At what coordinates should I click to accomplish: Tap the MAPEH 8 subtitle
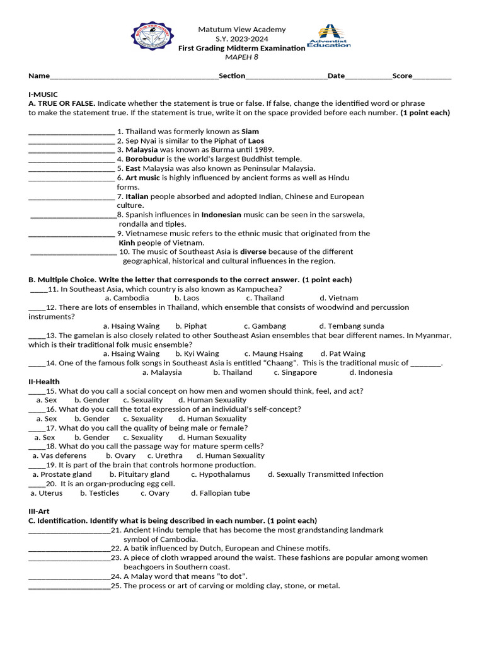click(242, 57)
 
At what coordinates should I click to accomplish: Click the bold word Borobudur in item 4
click(144, 159)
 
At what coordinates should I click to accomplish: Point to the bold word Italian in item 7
click(137, 197)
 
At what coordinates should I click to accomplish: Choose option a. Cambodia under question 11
click(127, 298)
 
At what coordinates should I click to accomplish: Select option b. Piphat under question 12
click(191, 326)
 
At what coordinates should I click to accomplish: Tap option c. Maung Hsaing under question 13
click(274, 354)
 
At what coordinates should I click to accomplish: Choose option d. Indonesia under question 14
click(371, 372)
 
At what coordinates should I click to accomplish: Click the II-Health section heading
click(44, 382)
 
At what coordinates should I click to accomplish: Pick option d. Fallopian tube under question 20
click(221, 493)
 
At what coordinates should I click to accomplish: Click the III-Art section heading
click(40, 511)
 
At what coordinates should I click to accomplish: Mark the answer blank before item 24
click(69, 576)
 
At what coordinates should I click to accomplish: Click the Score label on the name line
click(402, 76)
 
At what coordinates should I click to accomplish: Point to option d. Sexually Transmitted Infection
click(325, 474)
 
